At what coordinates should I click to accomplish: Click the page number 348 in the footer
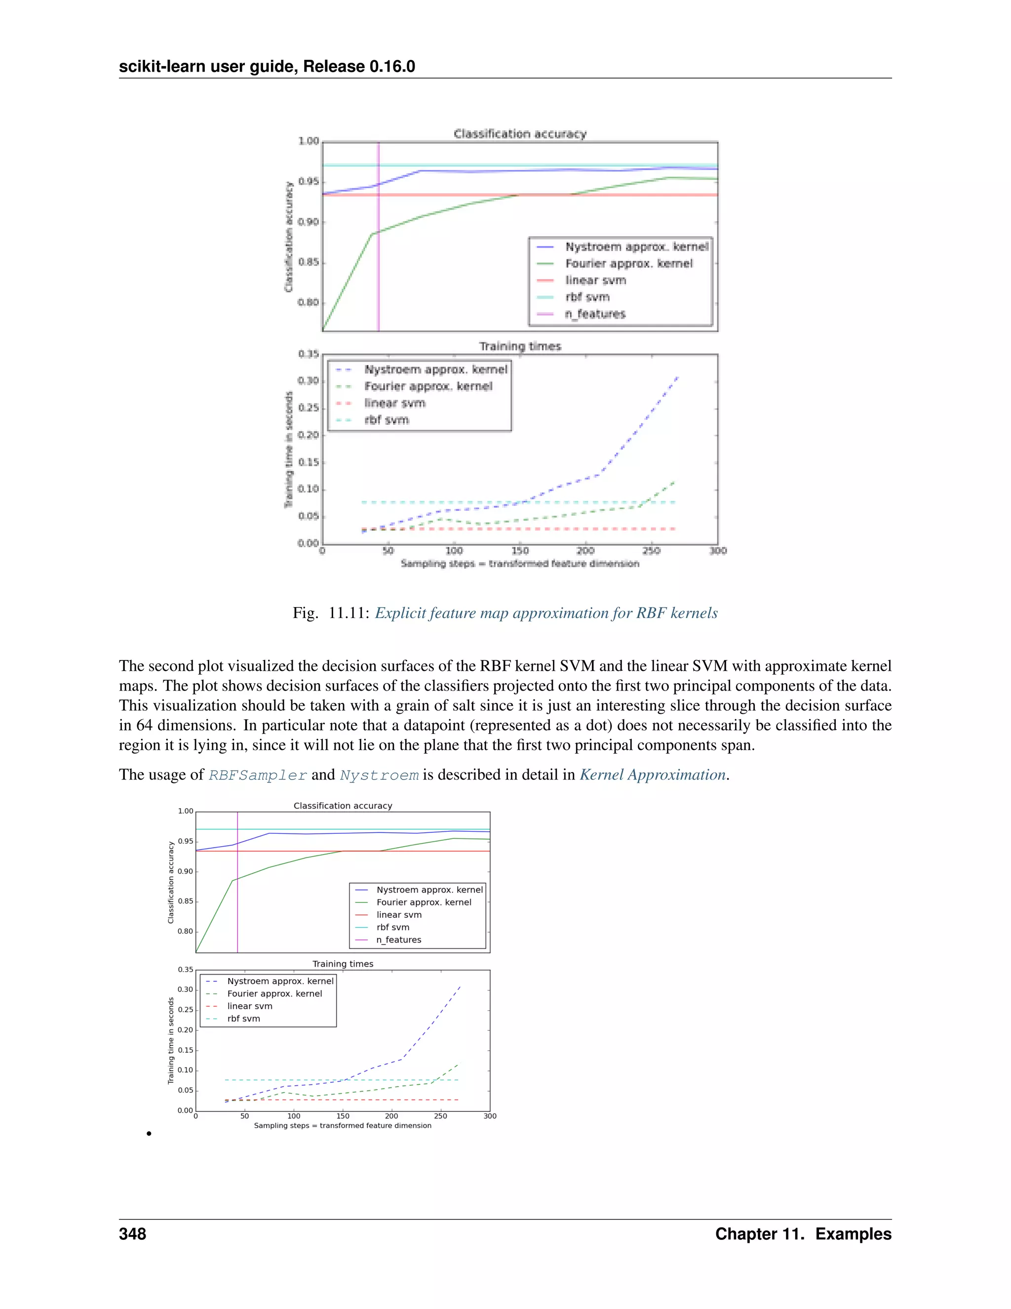(x=132, y=1234)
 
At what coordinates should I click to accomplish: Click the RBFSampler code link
(x=258, y=776)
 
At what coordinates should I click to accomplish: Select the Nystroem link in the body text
(x=379, y=776)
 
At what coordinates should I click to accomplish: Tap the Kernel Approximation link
(x=652, y=775)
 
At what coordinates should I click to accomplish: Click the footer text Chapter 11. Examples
(x=803, y=1234)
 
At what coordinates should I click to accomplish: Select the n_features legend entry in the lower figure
(x=398, y=940)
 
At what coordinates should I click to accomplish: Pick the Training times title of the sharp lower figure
(x=343, y=964)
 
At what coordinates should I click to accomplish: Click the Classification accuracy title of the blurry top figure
(x=520, y=134)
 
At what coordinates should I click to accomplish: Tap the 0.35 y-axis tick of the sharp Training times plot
(x=185, y=970)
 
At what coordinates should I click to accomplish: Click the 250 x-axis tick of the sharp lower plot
(x=440, y=1116)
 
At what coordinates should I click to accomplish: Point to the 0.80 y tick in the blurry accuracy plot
(x=309, y=303)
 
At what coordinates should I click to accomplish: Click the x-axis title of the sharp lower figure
(x=343, y=1126)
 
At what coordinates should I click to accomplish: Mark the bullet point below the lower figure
(x=149, y=1133)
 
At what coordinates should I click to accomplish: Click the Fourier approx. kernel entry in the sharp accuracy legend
(x=424, y=902)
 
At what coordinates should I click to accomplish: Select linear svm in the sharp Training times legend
(x=249, y=1006)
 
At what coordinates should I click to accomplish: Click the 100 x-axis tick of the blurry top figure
(x=454, y=551)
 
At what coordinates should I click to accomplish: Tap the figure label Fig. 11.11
(x=331, y=613)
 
